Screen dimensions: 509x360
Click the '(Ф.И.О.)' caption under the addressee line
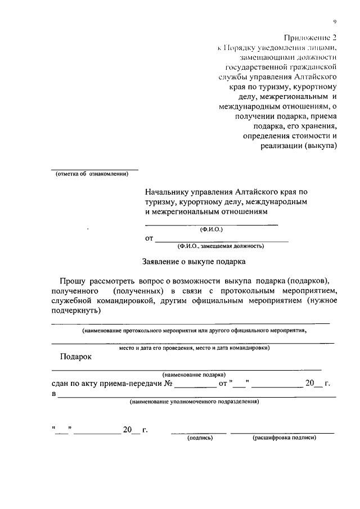click(x=211, y=229)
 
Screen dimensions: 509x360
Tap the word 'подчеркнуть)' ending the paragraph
click(x=75, y=311)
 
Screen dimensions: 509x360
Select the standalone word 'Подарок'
click(x=75, y=357)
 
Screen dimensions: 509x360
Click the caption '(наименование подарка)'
click(x=194, y=374)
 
